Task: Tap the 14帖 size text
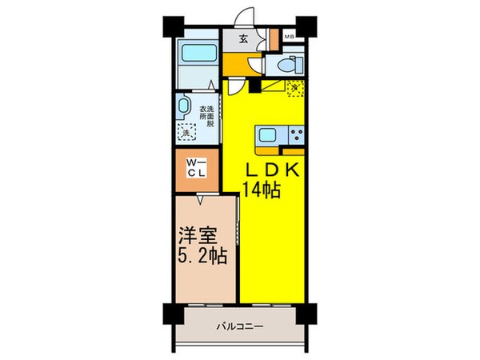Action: pyautogui.click(x=262, y=190)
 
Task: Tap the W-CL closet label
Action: pyautogui.click(x=195, y=169)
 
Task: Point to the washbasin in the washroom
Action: pyautogui.click(x=183, y=105)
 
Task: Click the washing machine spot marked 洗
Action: pyautogui.click(x=187, y=134)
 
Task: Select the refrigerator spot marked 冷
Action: pyautogui.click(x=294, y=87)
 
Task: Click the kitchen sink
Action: pyautogui.click(x=266, y=134)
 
